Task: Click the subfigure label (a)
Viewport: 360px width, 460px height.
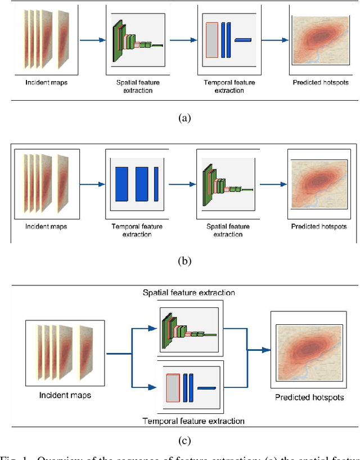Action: (x=184, y=118)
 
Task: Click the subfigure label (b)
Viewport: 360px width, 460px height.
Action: (x=184, y=261)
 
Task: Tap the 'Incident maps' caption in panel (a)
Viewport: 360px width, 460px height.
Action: (x=46, y=83)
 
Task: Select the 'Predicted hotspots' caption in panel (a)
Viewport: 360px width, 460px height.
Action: (x=321, y=83)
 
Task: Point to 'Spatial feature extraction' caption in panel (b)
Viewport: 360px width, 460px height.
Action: (x=228, y=230)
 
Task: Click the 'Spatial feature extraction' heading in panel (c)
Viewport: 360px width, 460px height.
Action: (x=188, y=293)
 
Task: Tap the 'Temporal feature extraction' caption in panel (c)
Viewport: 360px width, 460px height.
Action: (x=193, y=421)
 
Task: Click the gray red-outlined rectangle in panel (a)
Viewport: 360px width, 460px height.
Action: (x=212, y=40)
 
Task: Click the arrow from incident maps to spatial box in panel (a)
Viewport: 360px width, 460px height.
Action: (x=93, y=40)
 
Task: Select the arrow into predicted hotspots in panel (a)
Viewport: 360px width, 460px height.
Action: (x=276, y=40)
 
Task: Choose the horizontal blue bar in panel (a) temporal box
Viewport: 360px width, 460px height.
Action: (x=244, y=39)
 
